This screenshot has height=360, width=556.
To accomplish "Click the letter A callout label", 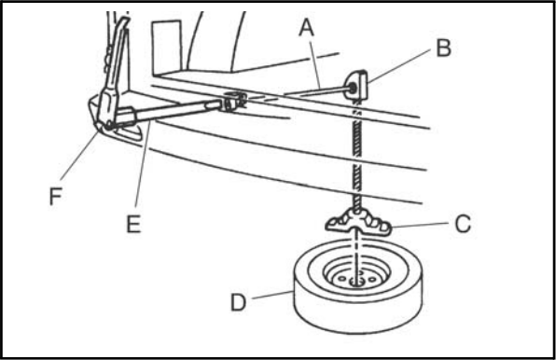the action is [x=306, y=28].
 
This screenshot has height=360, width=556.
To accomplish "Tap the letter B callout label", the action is [x=444, y=48].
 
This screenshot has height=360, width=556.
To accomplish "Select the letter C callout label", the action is [x=463, y=224].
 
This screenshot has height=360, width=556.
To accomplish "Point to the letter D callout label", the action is [x=238, y=303].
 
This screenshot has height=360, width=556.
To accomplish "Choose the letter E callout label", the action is [x=133, y=224].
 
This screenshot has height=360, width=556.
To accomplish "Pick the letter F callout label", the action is [x=56, y=196].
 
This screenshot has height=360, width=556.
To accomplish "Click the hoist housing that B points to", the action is [x=355, y=86].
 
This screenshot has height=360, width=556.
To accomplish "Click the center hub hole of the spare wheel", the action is [x=356, y=282].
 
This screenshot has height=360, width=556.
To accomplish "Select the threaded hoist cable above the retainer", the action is [x=356, y=156].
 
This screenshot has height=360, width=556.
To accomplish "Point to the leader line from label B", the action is [x=399, y=66].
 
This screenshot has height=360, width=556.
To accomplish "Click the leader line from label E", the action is [x=144, y=164].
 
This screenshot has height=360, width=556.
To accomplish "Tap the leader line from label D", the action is [x=273, y=295].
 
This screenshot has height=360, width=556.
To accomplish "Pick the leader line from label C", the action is [x=420, y=225].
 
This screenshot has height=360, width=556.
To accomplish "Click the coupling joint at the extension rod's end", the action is [x=233, y=101].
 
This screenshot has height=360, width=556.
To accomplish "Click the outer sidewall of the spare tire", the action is [x=358, y=315].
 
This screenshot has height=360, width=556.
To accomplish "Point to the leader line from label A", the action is [x=315, y=65].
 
